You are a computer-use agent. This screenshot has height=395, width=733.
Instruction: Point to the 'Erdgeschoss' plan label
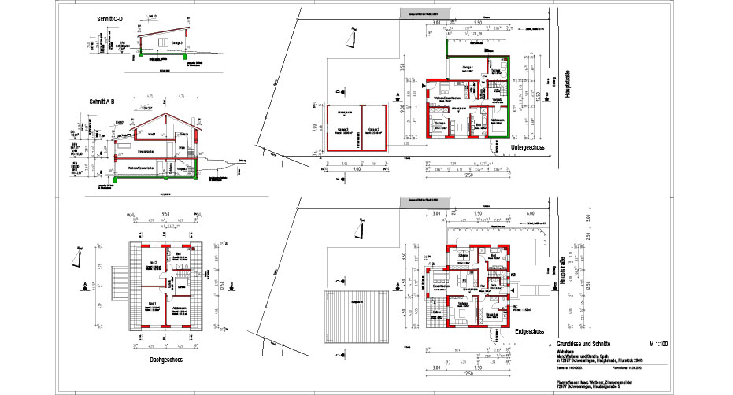525,332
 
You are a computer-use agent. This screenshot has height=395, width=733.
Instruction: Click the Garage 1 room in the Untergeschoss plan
467,68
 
